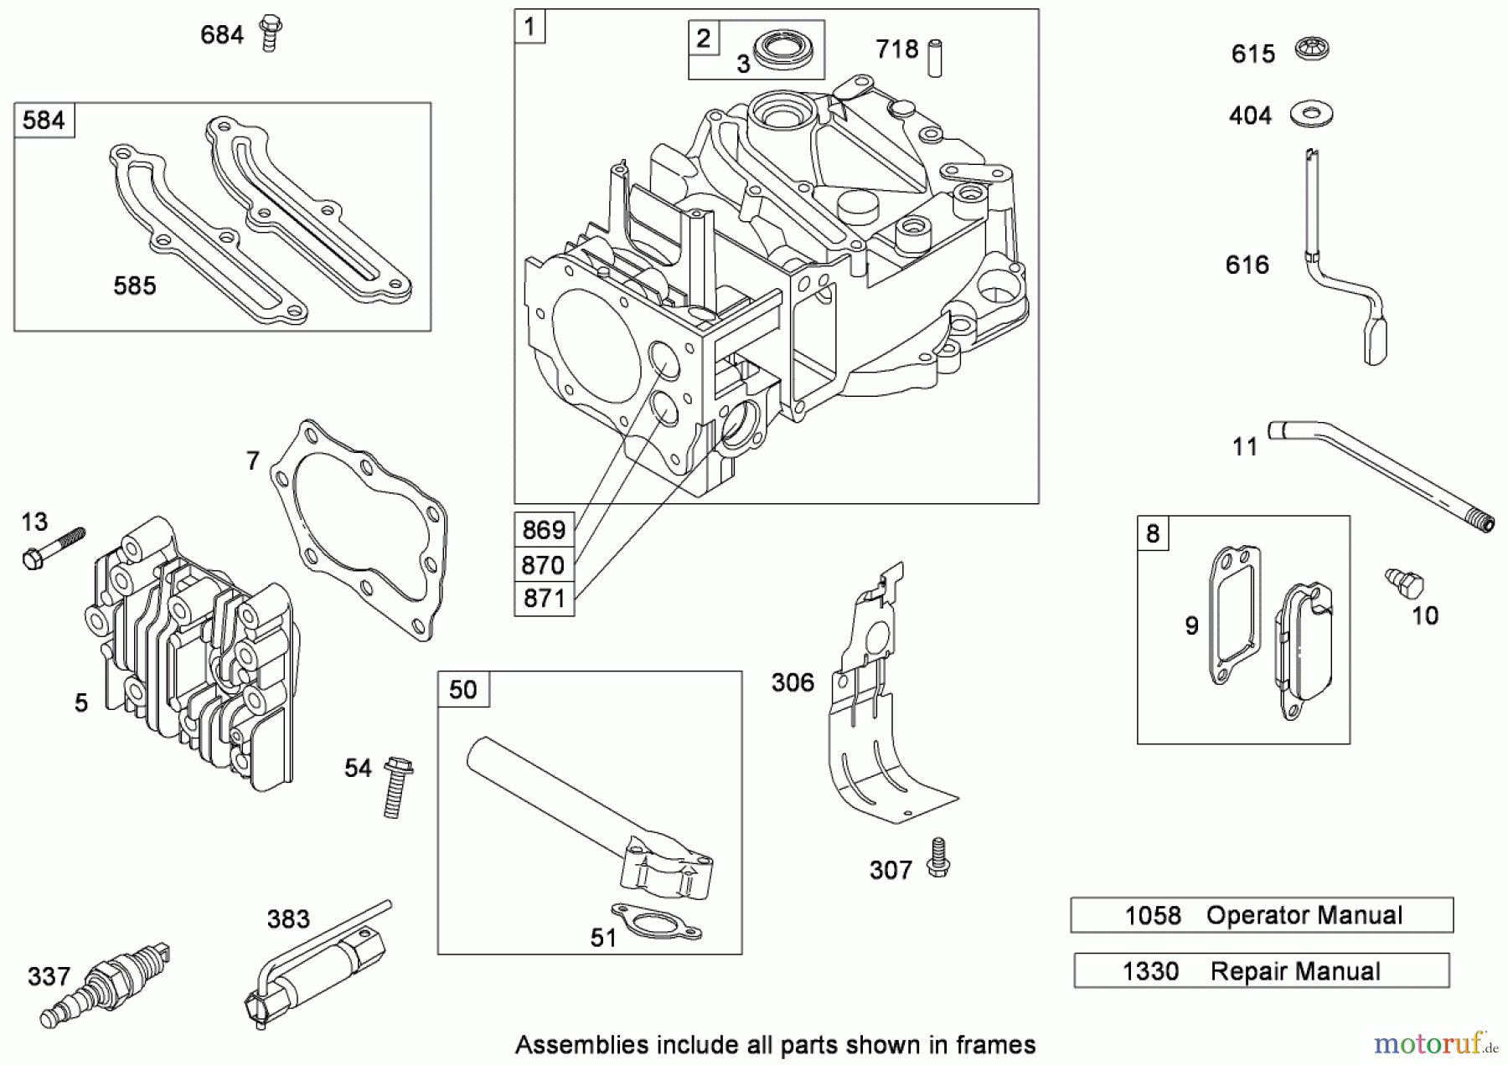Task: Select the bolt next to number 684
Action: click(270, 33)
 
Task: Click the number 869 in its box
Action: click(544, 530)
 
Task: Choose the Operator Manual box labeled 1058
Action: click(1262, 915)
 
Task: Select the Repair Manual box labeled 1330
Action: click(1262, 971)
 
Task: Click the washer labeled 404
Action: click(1311, 113)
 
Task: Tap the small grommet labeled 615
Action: click(1312, 49)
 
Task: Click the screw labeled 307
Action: click(937, 859)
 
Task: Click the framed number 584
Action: click(44, 121)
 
